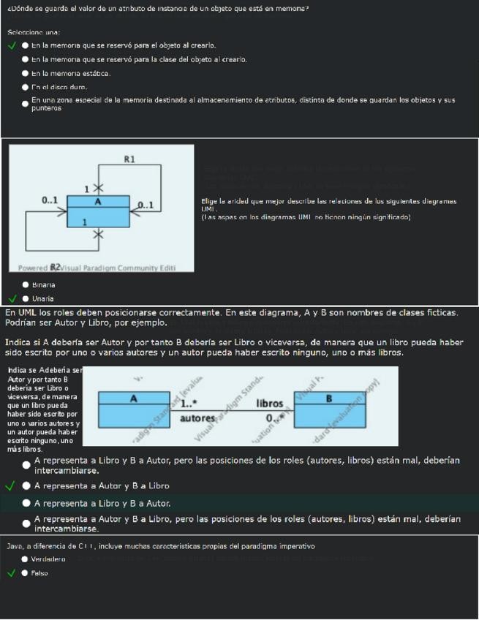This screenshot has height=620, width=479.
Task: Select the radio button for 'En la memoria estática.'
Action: click(26, 74)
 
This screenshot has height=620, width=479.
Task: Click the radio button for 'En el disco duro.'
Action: click(26, 88)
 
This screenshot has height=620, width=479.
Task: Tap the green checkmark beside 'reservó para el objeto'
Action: click(11, 45)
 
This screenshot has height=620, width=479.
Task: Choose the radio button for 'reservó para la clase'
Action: click(26, 60)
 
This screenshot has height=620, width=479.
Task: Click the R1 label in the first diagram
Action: click(129, 159)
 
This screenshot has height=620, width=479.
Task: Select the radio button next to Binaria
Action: click(26, 284)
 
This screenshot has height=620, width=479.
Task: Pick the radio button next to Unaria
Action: click(26, 298)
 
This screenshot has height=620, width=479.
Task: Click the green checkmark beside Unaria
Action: click(11, 298)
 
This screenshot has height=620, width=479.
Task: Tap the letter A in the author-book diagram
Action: click(133, 398)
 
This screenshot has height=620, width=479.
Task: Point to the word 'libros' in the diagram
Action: click(270, 404)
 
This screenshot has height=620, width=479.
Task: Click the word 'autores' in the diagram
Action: click(195, 418)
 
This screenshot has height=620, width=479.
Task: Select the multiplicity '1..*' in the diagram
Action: click(190, 404)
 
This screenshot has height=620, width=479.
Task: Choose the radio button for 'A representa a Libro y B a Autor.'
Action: click(26, 503)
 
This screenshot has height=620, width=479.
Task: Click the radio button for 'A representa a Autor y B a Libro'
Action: click(26, 485)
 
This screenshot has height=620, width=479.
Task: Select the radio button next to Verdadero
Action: click(26, 559)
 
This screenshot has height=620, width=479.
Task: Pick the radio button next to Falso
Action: click(26, 573)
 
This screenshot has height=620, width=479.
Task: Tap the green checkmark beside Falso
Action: click(11, 573)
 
